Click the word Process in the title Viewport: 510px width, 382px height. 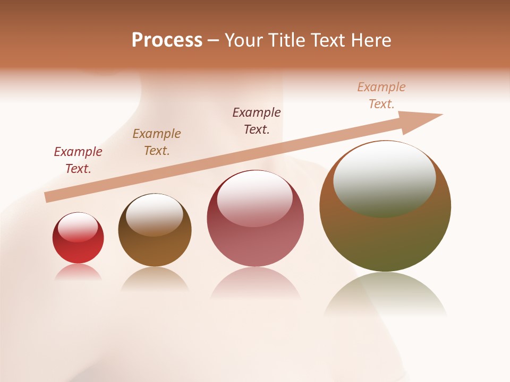(x=167, y=40)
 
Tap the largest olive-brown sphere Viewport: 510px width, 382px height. (x=385, y=239)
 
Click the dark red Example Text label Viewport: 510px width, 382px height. (x=78, y=160)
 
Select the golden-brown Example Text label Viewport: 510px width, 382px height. (x=157, y=142)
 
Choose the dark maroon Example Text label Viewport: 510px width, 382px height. (x=257, y=120)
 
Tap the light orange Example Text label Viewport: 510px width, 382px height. (x=381, y=95)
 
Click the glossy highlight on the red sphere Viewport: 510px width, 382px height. (x=78, y=228)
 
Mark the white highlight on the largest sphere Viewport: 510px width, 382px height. (x=384, y=178)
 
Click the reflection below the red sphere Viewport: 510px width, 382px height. (x=78, y=272)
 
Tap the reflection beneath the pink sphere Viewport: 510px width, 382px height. (x=255, y=284)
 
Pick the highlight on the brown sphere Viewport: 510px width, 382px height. (x=154, y=213)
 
